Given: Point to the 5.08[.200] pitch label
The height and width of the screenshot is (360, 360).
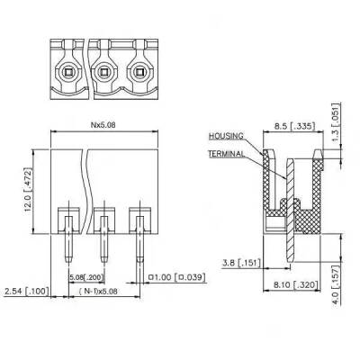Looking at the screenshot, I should click(x=86, y=277).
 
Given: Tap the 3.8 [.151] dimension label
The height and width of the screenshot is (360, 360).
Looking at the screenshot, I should click(x=238, y=264).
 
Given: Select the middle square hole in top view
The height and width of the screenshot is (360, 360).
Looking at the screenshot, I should click(x=104, y=71).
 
